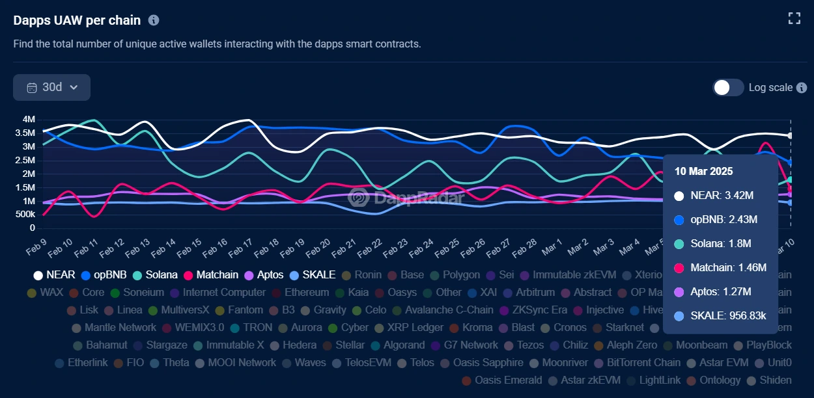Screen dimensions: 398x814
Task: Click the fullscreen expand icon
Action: click(794, 18)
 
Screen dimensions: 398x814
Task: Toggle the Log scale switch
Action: click(728, 87)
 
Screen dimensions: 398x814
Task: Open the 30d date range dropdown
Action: click(51, 87)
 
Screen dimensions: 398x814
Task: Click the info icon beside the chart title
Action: click(154, 20)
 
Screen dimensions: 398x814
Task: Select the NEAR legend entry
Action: click(54, 275)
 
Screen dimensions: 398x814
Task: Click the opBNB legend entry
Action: click(103, 275)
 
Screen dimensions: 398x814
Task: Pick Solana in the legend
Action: click(154, 275)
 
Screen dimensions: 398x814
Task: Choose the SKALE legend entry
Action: click(313, 275)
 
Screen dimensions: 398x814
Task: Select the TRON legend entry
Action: click(250, 328)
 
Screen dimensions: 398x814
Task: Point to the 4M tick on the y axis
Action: click(29, 120)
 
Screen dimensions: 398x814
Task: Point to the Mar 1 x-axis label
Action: click(552, 247)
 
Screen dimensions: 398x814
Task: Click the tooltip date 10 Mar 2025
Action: click(703, 172)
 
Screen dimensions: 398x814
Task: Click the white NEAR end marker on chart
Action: click(791, 136)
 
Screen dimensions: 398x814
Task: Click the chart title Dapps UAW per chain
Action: click(77, 20)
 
